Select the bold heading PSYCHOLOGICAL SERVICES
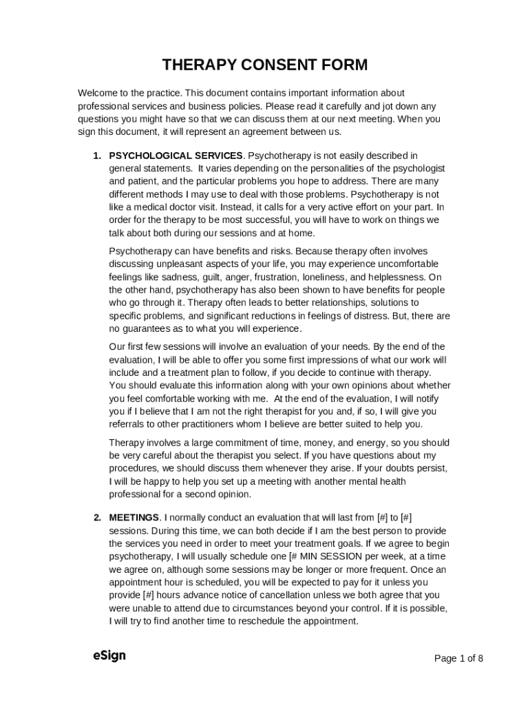pyautogui.click(x=176, y=156)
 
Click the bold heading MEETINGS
pyautogui.click(x=134, y=518)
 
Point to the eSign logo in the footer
pyautogui.click(x=109, y=655)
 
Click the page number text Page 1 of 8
pyautogui.click(x=458, y=658)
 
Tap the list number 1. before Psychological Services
pyautogui.click(x=98, y=156)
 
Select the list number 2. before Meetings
pyautogui.click(x=98, y=518)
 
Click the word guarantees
pyautogui.click(x=147, y=328)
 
